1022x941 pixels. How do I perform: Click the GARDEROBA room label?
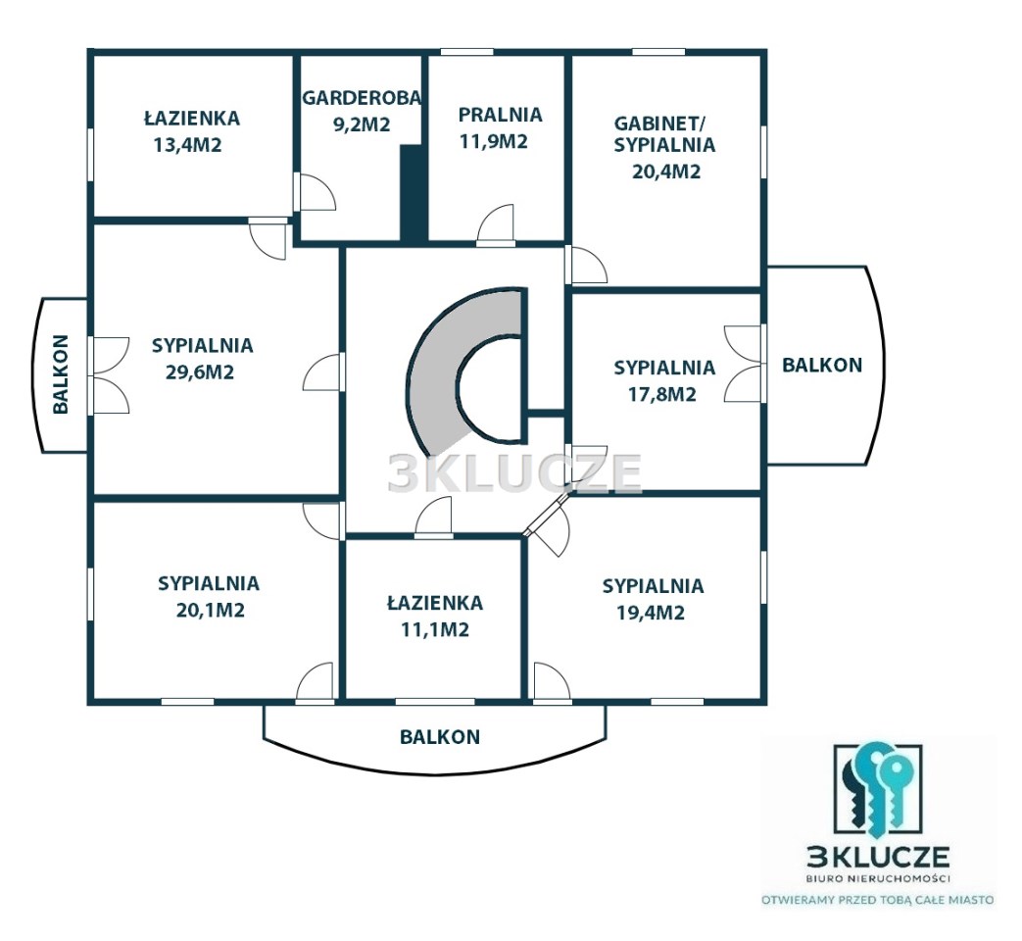(x=362, y=97)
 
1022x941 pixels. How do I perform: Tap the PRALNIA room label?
(x=500, y=115)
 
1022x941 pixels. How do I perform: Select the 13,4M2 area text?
(x=188, y=145)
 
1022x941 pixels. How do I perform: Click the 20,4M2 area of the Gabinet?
(x=666, y=172)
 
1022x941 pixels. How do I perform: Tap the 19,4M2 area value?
(x=651, y=613)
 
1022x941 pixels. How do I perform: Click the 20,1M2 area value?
(x=210, y=611)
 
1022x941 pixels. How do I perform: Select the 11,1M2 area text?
(x=435, y=630)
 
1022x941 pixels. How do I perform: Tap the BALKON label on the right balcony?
(x=822, y=366)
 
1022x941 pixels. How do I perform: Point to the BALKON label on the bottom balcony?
(x=440, y=737)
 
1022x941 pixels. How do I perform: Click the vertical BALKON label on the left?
(x=61, y=374)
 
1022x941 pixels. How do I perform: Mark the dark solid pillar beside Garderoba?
(x=413, y=194)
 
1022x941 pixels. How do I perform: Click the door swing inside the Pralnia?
(x=496, y=223)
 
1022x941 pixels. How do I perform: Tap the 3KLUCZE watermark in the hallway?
(x=514, y=472)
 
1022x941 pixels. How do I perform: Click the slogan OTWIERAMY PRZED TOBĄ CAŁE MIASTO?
(x=879, y=900)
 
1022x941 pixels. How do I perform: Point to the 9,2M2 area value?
(x=362, y=124)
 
